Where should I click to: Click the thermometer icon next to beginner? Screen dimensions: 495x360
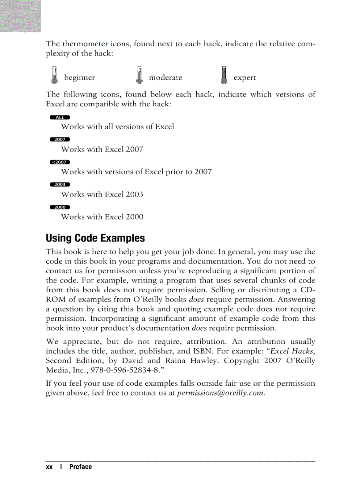[54, 75]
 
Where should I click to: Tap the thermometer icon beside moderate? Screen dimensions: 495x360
[139, 75]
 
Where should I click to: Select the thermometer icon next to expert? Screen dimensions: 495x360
[224, 75]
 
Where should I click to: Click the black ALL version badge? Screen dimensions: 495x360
[60, 117]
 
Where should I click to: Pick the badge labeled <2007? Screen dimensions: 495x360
[60, 162]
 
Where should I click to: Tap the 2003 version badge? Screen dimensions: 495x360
[60, 185]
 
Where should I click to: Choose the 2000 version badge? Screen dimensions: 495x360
[60, 207]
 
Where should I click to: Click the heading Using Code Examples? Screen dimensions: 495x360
[95, 238]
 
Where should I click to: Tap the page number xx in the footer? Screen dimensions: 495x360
[49, 467]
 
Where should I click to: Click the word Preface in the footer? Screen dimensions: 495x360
[80, 467]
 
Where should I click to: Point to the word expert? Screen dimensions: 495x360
[244, 78]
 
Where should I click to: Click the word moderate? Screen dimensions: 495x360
[165, 78]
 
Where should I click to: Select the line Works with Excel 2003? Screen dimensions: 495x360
[102, 194]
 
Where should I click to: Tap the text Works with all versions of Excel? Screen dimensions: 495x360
[117, 127]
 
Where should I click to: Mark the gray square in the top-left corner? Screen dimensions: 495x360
[20, 16]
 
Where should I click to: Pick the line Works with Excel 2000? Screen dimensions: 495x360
[102, 217]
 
